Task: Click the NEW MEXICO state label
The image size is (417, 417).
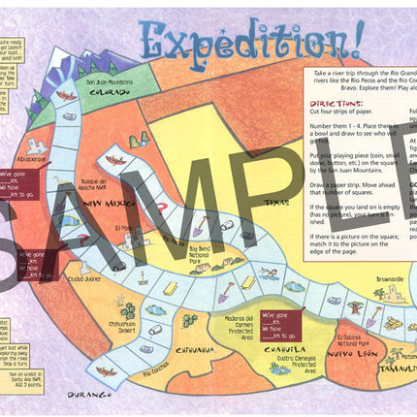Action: point(107,204)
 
